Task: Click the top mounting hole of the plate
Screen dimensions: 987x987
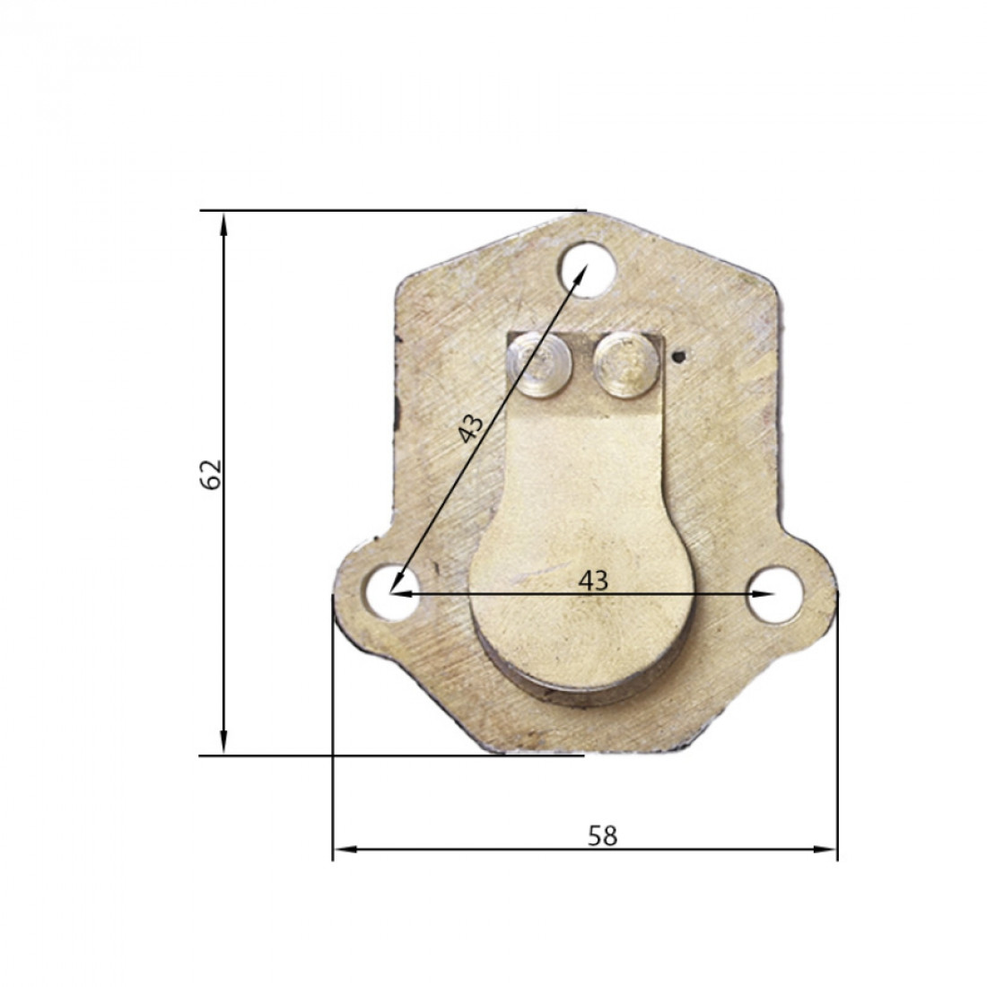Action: [588, 270]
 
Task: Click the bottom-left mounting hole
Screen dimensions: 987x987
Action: [391, 592]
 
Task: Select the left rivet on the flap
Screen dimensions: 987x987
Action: [540, 366]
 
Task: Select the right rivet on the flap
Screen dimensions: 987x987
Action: [625, 366]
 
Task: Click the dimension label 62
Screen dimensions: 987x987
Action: [211, 475]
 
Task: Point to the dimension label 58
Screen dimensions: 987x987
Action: [602, 836]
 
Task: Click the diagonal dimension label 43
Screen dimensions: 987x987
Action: [471, 429]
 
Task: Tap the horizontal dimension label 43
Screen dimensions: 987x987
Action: [593, 581]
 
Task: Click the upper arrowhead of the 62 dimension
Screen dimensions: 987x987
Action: [223, 223]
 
